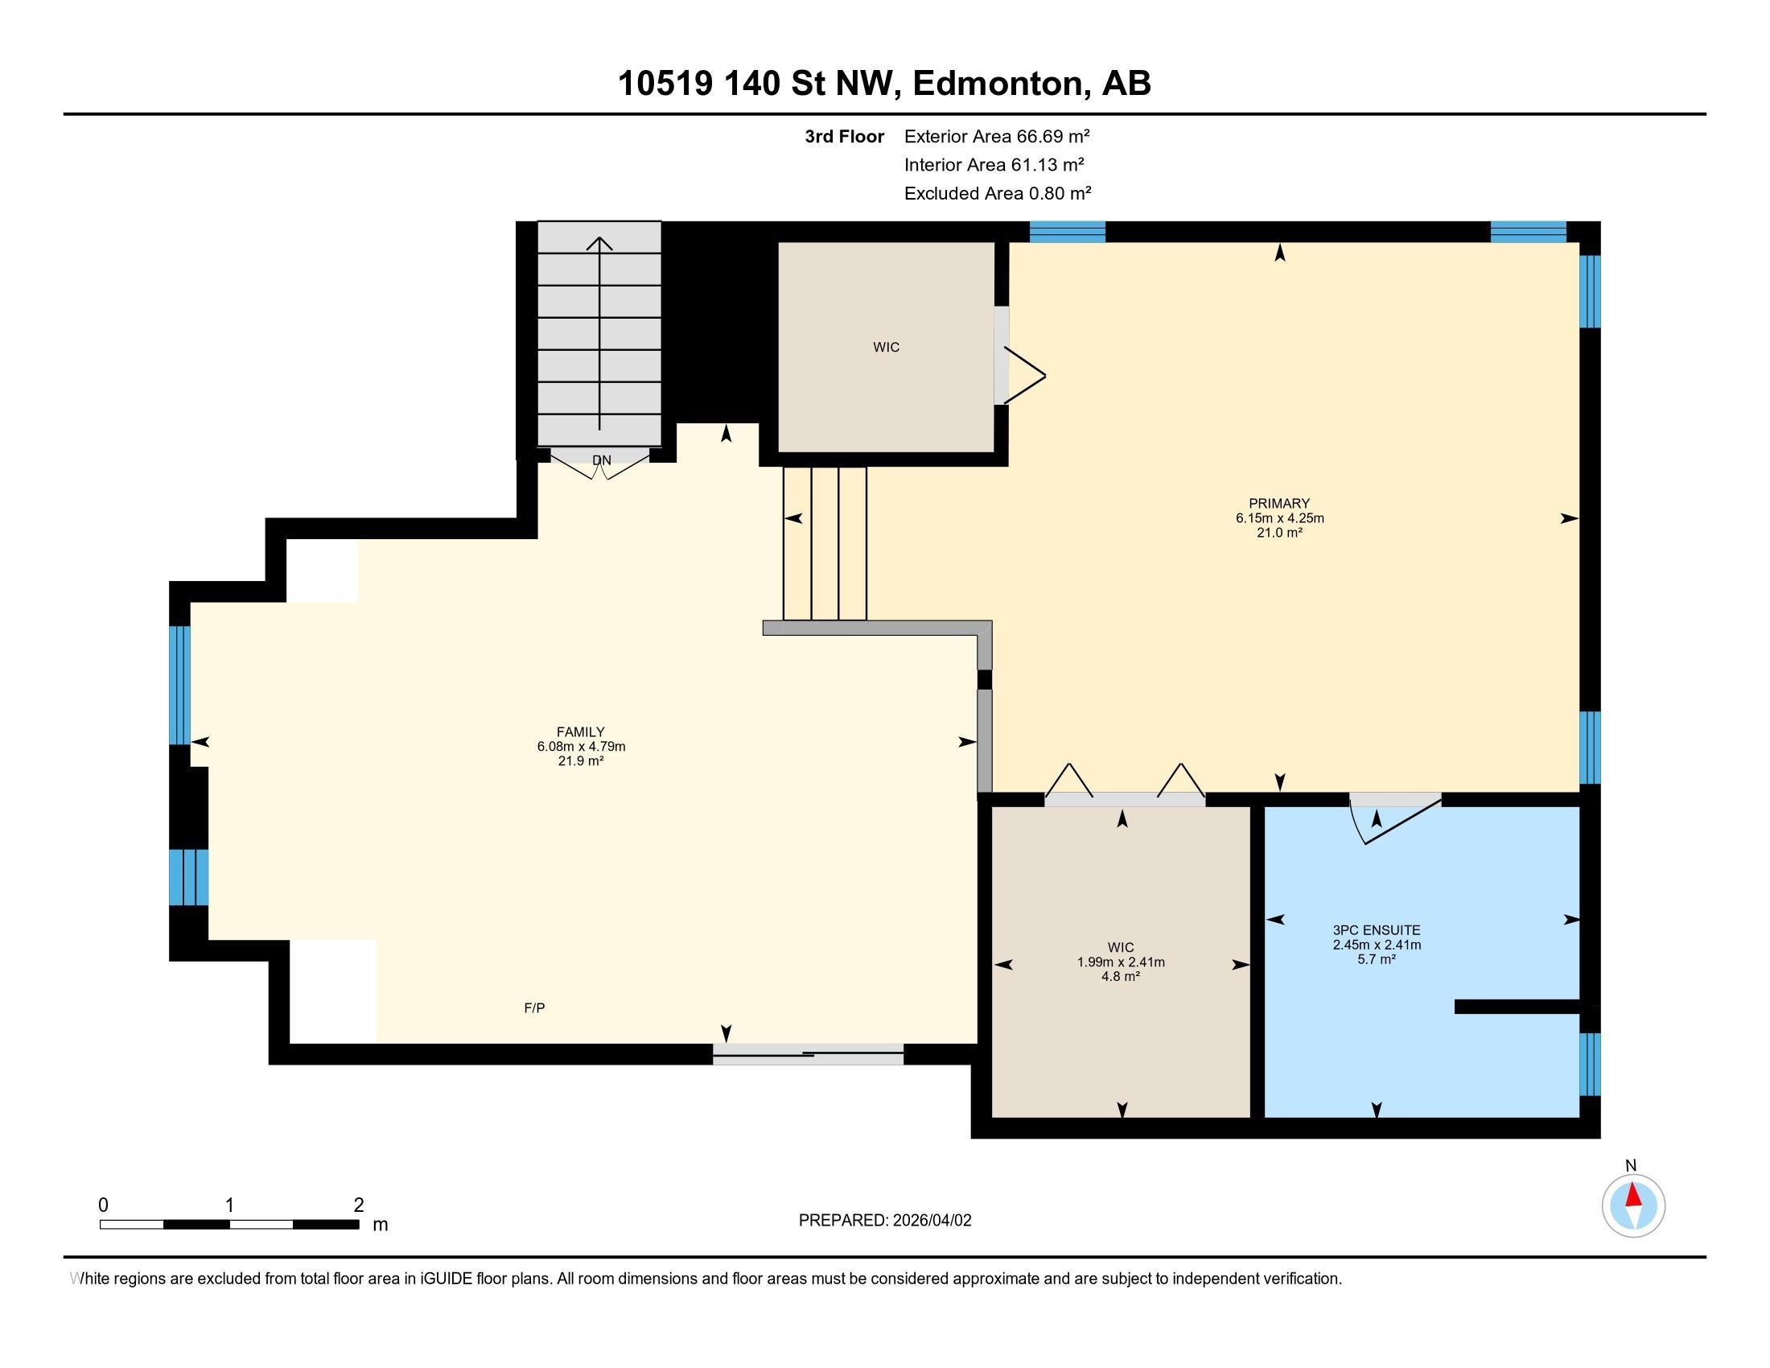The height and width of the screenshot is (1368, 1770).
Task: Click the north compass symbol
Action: (x=1633, y=1206)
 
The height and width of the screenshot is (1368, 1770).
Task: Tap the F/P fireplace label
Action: (x=534, y=1008)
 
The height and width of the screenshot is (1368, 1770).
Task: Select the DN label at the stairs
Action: (x=601, y=460)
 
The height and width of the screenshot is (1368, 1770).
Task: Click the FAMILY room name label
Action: (x=581, y=731)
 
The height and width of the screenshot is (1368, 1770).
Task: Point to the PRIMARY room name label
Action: (x=1280, y=503)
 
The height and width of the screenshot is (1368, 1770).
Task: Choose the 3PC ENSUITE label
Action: (x=1377, y=930)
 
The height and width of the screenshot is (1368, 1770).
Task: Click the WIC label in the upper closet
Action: (x=887, y=348)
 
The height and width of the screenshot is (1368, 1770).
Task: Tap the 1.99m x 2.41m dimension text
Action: (x=1121, y=962)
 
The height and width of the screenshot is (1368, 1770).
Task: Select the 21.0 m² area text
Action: (x=1280, y=533)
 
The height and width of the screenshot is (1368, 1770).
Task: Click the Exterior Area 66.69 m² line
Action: (x=997, y=136)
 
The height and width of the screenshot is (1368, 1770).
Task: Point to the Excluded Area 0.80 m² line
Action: (x=998, y=193)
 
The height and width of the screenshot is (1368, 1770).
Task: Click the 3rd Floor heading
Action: (x=845, y=136)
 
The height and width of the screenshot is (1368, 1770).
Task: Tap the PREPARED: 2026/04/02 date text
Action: (x=885, y=1221)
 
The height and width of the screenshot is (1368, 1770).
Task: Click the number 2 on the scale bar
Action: (x=359, y=1205)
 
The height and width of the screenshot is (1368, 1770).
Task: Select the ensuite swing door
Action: (x=1395, y=818)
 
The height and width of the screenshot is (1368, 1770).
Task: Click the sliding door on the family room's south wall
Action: (x=808, y=1053)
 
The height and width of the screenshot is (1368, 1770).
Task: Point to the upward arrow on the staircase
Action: (x=599, y=333)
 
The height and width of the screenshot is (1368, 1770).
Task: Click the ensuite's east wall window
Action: (x=1590, y=1064)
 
